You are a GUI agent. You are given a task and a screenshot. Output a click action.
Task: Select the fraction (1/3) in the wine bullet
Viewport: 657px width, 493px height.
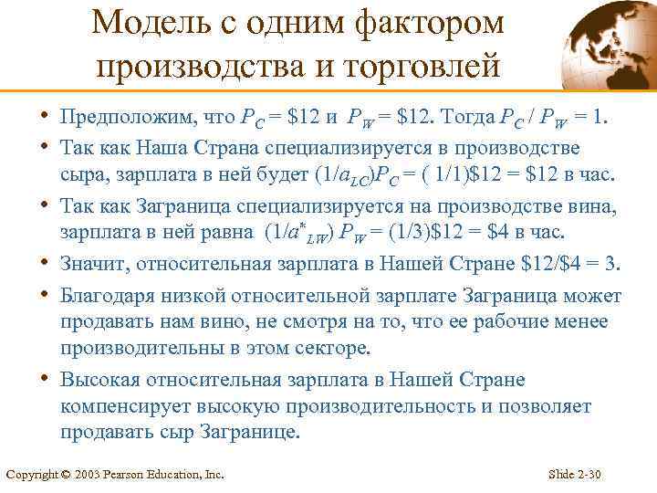coord(407,234)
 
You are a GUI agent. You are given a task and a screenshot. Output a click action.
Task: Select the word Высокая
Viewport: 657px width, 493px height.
coord(99,380)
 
